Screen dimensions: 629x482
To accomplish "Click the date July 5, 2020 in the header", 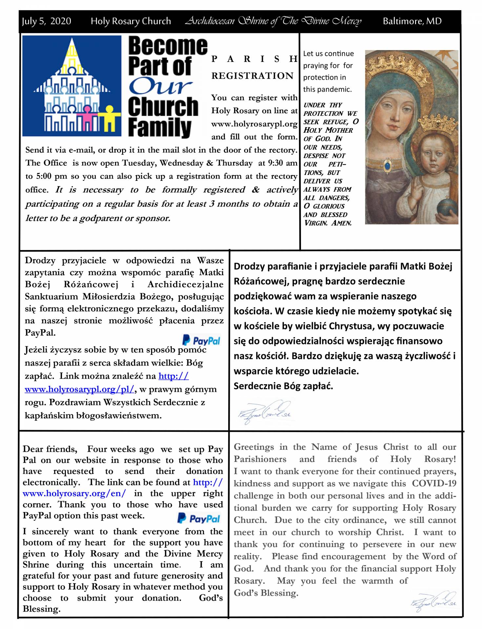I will (46, 21).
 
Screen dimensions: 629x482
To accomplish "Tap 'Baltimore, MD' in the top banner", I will (412, 21).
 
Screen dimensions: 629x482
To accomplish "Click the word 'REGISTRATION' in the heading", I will (252, 76).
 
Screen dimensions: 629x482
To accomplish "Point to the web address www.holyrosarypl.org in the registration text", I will (254, 124).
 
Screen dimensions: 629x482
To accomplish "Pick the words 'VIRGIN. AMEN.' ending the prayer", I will (328, 223).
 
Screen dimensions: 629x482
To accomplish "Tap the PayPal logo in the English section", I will (199, 519).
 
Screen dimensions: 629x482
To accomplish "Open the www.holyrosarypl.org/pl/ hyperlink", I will (79, 389).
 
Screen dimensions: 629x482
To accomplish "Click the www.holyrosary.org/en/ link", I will (74, 493).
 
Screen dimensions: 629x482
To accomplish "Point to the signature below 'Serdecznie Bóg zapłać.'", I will (264, 411).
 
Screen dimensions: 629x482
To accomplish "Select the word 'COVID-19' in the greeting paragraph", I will (434, 484).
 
